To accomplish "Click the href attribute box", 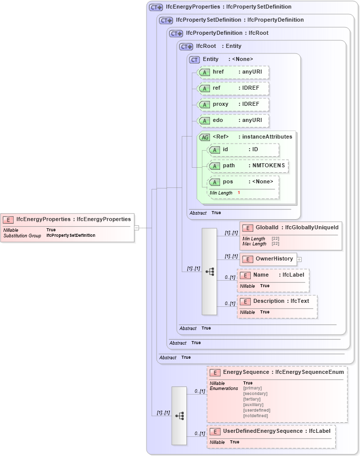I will [x=233, y=72].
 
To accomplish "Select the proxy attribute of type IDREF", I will [x=233, y=104].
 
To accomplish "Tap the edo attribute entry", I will [x=233, y=120].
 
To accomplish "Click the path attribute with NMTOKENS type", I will [x=248, y=166].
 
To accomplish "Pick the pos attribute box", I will [x=243, y=182].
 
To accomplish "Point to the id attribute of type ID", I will [x=243, y=150].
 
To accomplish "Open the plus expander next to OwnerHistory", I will [x=299, y=259].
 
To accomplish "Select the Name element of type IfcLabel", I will [x=273, y=276].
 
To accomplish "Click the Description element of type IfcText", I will [x=276, y=301].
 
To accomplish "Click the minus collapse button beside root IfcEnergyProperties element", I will [x=136, y=228].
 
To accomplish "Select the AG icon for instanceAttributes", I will [x=205, y=137].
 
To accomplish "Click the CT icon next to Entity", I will [x=194, y=59].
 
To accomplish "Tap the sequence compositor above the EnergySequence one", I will [x=209, y=272].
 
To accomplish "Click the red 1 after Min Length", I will [x=239, y=193].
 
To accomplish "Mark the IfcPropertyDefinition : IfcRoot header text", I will [x=227, y=33].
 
